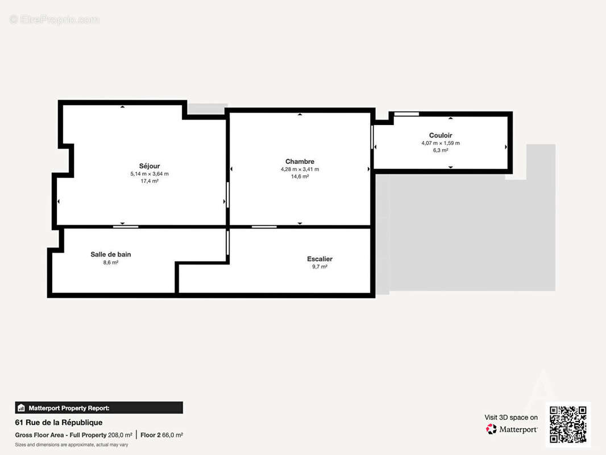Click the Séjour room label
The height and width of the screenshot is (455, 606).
tap(149, 166)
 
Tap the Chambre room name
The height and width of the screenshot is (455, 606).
tap(300, 162)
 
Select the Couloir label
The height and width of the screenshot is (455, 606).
tap(441, 135)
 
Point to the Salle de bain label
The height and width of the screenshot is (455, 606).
tap(111, 254)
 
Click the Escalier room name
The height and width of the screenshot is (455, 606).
tap(319, 259)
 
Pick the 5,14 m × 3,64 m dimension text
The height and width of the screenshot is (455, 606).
tap(150, 174)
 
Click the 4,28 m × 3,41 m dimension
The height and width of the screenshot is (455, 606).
tap(300, 169)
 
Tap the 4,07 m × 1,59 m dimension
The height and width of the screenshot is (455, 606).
tap(441, 143)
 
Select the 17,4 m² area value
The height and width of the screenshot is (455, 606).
tap(150, 181)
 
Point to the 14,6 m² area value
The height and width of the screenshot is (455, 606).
tap(300, 176)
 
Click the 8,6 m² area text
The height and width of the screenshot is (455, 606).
tap(111, 263)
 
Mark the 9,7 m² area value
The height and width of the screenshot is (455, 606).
tap(320, 267)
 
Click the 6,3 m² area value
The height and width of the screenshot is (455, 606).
tap(441, 150)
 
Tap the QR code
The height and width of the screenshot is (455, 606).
tap(568, 424)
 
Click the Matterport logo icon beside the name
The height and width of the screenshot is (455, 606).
tap(491, 429)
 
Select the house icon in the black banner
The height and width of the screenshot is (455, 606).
tap(21, 408)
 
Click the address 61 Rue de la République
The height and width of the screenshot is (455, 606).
tap(59, 423)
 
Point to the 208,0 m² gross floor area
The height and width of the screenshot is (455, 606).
tap(120, 435)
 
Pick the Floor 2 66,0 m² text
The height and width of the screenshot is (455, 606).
tap(161, 435)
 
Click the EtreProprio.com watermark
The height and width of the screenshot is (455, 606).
tap(55, 19)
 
